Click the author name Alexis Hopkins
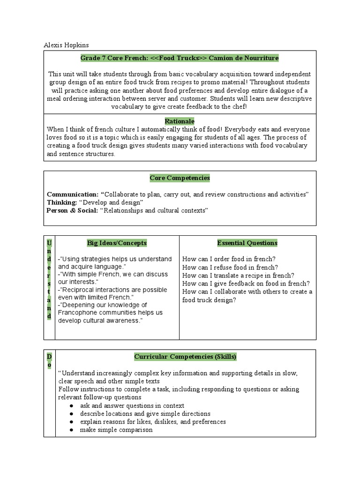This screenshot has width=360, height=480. [x=66, y=45]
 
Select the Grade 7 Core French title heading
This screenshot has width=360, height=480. [x=180, y=58]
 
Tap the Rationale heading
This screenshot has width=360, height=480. [x=180, y=121]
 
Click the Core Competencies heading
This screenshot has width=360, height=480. [x=180, y=178]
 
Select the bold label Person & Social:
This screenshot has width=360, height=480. [x=72, y=210]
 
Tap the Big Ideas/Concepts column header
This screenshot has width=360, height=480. [x=117, y=243]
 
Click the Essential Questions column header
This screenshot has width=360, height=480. [x=247, y=243]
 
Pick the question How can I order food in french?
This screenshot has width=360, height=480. [x=229, y=259]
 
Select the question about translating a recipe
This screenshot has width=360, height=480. [x=238, y=275]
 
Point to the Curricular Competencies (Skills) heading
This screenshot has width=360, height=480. [x=185, y=357]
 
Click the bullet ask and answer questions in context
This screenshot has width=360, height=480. [x=132, y=405]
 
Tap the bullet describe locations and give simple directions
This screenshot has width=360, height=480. [x=145, y=413]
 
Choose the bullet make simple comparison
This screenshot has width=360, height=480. [x=116, y=429]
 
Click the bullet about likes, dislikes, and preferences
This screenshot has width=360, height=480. [x=153, y=421]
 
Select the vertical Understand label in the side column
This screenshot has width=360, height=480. [x=49, y=279]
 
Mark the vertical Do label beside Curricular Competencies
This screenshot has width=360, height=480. [x=49, y=360]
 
